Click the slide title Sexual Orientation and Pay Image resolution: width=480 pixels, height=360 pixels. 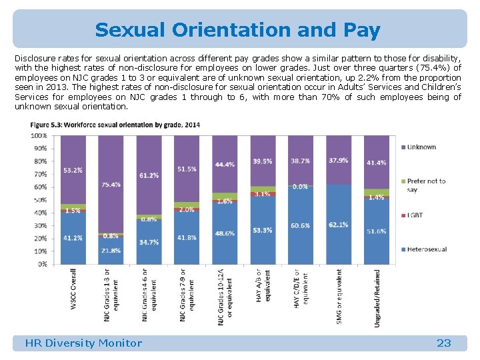[237, 30]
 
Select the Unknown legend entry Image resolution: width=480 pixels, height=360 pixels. [421, 147]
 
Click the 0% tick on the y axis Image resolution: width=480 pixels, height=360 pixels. [41, 264]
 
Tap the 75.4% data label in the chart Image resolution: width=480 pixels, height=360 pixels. [111, 185]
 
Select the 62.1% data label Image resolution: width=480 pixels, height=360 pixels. [339, 225]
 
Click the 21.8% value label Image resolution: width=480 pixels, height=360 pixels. [111, 251]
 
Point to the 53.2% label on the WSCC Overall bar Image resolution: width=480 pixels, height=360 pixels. [73, 170]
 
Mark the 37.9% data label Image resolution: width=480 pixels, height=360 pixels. [339, 160]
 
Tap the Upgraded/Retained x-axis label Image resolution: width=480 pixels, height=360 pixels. [377, 297]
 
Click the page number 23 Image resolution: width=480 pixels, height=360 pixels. [443, 343]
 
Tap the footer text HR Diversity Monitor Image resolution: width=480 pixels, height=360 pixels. [83, 343]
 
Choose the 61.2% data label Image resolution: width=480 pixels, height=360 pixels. [149, 175]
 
